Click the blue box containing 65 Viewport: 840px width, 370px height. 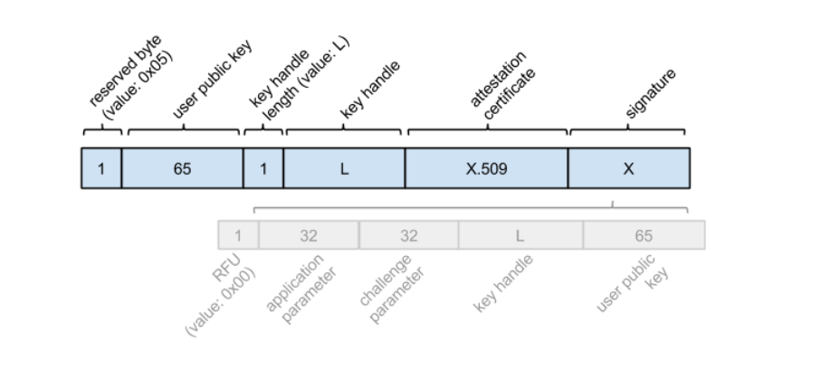183,169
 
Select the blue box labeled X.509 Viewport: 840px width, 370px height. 486,169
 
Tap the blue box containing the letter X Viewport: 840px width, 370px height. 629,169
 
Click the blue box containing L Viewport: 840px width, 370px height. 344,169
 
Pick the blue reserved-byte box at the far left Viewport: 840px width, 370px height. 100,169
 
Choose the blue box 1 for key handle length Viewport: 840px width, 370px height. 263,169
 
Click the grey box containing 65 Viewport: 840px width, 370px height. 644,235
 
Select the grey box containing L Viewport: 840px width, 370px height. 520,235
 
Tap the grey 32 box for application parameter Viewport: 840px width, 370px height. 309,235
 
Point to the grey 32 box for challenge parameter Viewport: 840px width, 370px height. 409,235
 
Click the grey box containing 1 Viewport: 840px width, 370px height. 238,235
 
